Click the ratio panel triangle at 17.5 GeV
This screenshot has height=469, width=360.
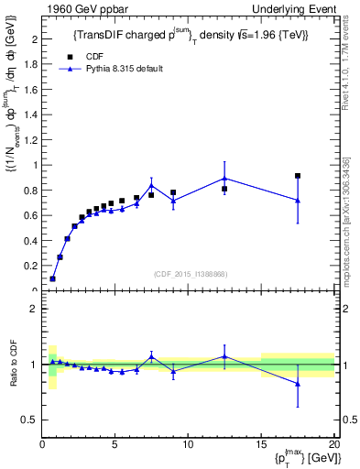coord(298,384)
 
